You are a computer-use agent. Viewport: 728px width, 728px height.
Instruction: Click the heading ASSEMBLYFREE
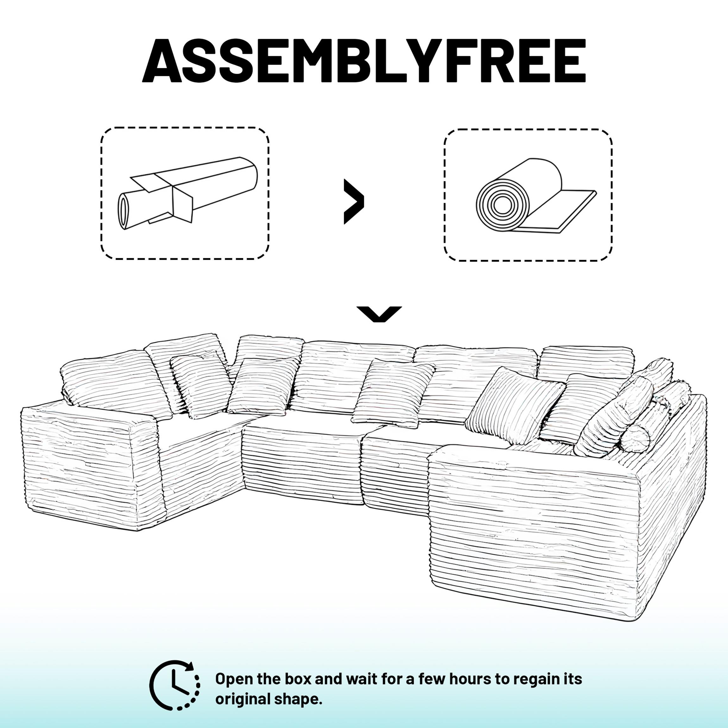tap(364, 60)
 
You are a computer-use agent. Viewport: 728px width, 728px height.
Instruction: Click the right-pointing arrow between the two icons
tap(354, 202)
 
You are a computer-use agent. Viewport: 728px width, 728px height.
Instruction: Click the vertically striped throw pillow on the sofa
tap(514, 405)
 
